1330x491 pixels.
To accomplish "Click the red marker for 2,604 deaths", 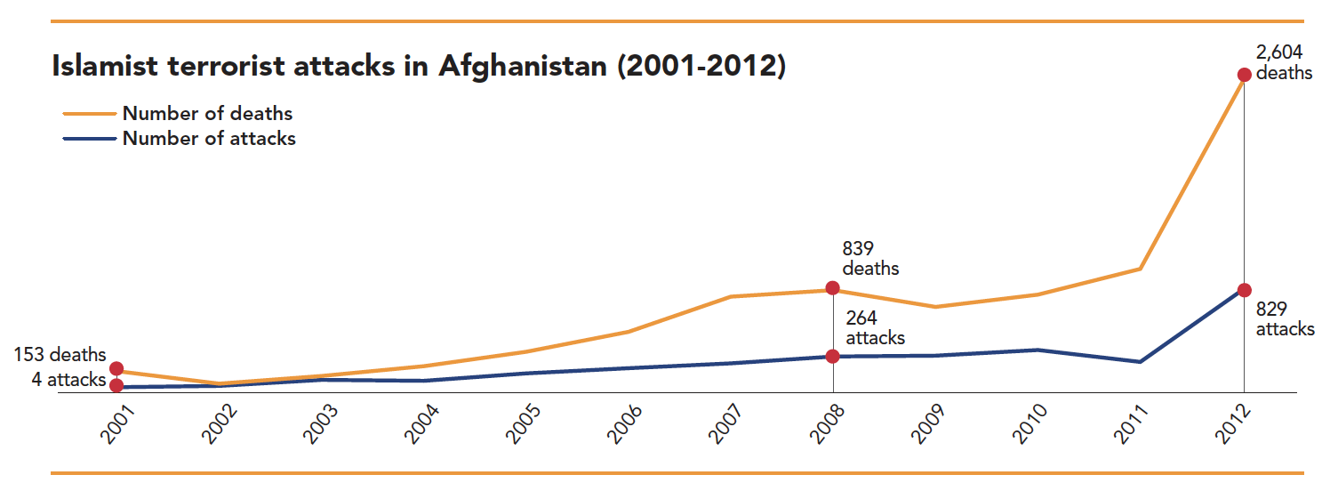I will [x=1244, y=75].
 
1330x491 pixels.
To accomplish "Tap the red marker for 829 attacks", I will [x=1244, y=290].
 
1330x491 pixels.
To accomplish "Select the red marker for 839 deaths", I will [x=832, y=287].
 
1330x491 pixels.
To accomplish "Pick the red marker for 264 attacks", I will [x=832, y=356].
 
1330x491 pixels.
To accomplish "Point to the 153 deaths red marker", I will [x=116, y=368].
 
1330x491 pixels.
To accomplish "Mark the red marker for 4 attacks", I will [x=116, y=385].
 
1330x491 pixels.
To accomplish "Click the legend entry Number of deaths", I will [x=207, y=114].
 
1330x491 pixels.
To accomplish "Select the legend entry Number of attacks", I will [x=209, y=139].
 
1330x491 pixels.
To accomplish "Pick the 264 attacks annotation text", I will [x=875, y=328].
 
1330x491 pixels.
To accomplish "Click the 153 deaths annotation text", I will [x=60, y=356].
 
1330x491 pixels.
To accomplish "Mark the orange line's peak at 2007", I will [x=731, y=296].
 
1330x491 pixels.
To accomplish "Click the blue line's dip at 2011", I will [x=1140, y=362].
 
